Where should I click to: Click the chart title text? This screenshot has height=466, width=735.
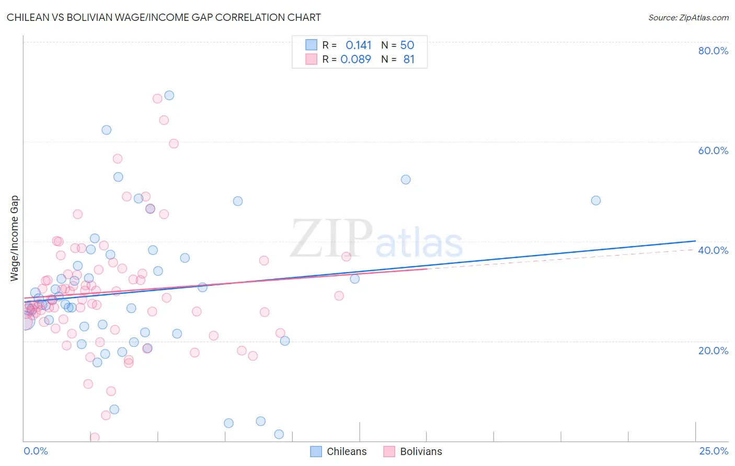tap(164, 17)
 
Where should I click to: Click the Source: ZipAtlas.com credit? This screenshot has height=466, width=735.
tap(688, 17)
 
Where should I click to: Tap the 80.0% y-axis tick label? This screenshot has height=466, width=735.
tap(713, 51)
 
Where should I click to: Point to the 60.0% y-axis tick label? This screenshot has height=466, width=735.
tap(713, 150)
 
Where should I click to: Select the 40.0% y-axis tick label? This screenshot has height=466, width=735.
tap(713, 250)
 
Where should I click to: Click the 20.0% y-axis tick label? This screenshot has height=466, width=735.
tap(713, 350)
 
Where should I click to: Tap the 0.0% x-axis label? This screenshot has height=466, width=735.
tap(36, 451)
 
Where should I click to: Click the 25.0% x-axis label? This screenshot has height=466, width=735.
tap(714, 451)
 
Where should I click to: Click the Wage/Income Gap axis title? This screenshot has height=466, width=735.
tap(15, 238)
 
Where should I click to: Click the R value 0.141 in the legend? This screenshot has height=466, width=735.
tap(358, 45)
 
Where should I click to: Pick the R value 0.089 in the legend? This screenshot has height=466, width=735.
tap(355, 60)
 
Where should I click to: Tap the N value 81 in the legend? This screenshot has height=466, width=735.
tap(409, 60)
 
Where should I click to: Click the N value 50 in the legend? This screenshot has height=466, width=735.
tap(407, 45)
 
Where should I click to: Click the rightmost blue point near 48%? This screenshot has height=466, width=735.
tap(595, 201)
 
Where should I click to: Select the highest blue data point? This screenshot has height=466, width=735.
tap(169, 95)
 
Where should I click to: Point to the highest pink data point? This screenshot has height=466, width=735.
tap(157, 98)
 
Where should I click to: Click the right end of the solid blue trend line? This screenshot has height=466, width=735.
tap(695, 241)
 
